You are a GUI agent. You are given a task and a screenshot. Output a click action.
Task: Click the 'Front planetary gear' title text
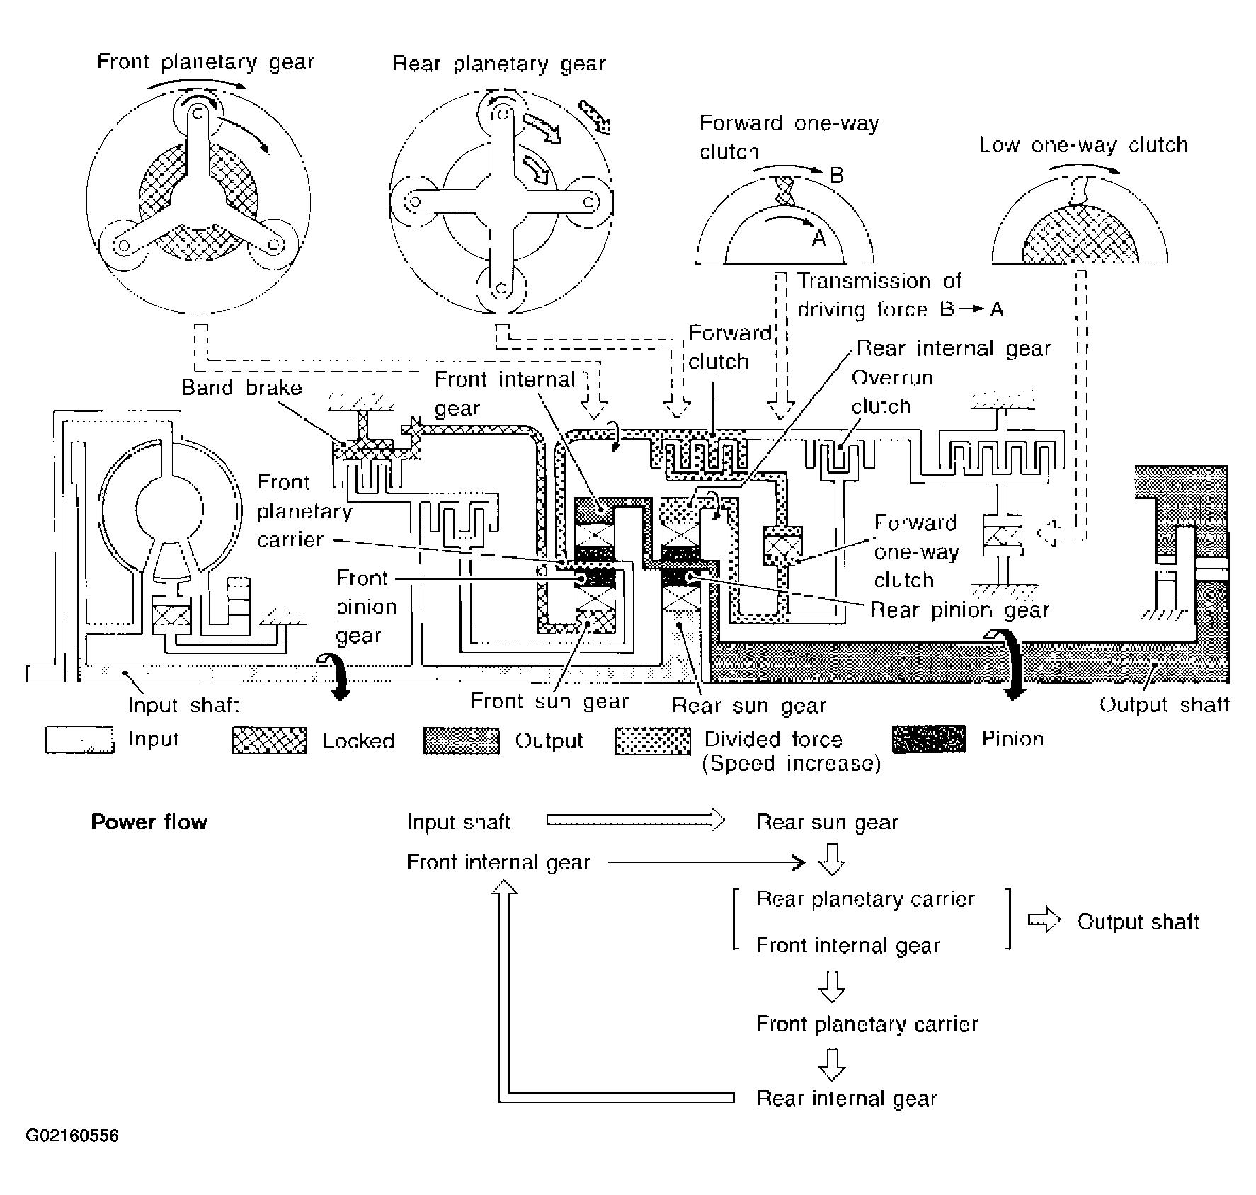pos(205,62)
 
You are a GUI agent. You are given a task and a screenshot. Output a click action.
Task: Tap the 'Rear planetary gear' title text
pos(499,64)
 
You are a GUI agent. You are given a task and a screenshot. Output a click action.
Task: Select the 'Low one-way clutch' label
pos(1084,146)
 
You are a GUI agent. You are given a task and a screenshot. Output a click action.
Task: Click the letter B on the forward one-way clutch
pos(837,174)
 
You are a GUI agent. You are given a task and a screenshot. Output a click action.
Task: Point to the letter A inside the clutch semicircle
pos(818,239)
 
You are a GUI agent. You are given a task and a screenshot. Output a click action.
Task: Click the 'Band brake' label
pos(241,387)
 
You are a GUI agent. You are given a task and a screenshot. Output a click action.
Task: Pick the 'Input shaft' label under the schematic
pos(183,705)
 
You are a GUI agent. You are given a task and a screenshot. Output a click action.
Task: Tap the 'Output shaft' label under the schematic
pos(1165,705)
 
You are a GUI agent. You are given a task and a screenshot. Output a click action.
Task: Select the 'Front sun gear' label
pos(550,702)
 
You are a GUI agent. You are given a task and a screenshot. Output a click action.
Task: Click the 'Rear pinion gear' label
pos(959,610)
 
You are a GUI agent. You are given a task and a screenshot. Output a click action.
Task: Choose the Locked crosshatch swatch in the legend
pos(270,740)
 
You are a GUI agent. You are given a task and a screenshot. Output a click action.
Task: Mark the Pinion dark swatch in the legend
pos(930,738)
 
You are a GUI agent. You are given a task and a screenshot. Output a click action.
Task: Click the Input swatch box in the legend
pos(79,740)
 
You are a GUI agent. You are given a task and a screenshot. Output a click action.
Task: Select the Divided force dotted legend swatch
pos(653,740)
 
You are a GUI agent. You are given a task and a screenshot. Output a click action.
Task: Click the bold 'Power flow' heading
pos(149,822)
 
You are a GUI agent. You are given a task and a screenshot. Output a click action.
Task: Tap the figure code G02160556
pos(72,1136)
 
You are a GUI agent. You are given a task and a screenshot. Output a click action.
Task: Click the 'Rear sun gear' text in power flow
pos(828,823)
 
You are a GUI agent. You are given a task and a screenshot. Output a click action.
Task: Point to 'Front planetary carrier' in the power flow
pos(867,1024)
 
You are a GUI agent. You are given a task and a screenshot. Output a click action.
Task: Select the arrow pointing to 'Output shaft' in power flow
pos(1044,920)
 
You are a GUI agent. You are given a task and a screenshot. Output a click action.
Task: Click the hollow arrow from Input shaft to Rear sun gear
pos(636,821)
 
